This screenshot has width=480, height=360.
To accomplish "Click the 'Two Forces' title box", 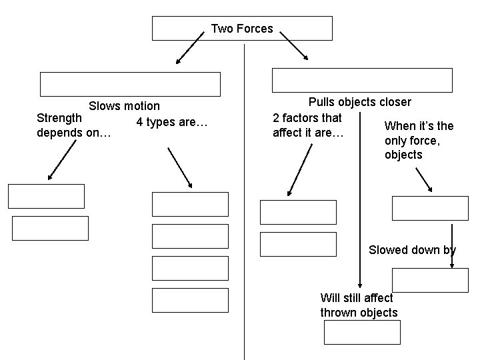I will pyautogui.click(x=242, y=29).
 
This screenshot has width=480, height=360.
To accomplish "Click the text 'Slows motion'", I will pyautogui.click(x=124, y=106).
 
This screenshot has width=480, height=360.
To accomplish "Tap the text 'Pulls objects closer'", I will pyautogui.click(x=359, y=102).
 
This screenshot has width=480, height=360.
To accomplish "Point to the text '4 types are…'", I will pyautogui.click(x=172, y=122).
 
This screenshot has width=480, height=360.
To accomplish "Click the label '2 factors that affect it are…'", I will pyautogui.click(x=308, y=125).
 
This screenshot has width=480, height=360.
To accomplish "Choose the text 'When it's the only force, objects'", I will pyautogui.click(x=419, y=140).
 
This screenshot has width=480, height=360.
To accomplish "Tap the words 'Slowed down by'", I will pyautogui.click(x=412, y=250).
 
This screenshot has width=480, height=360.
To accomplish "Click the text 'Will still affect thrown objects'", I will pyautogui.click(x=359, y=305).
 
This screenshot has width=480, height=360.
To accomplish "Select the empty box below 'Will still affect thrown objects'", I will pyautogui.click(x=362, y=332).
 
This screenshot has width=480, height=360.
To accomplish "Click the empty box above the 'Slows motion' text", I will pyautogui.click(x=130, y=85).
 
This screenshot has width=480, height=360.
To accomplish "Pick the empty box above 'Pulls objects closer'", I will pyautogui.click(x=362, y=80).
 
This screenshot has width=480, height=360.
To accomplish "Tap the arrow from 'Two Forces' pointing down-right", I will pyautogui.click(x=293, y=47).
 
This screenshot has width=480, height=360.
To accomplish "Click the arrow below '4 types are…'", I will pyautogui.click(x=179, y=167).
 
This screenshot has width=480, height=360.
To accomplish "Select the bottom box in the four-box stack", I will pyautogui.click(x=190, y=300).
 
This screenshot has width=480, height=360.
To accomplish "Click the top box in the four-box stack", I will pyautogui.click(x=190, y=204).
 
